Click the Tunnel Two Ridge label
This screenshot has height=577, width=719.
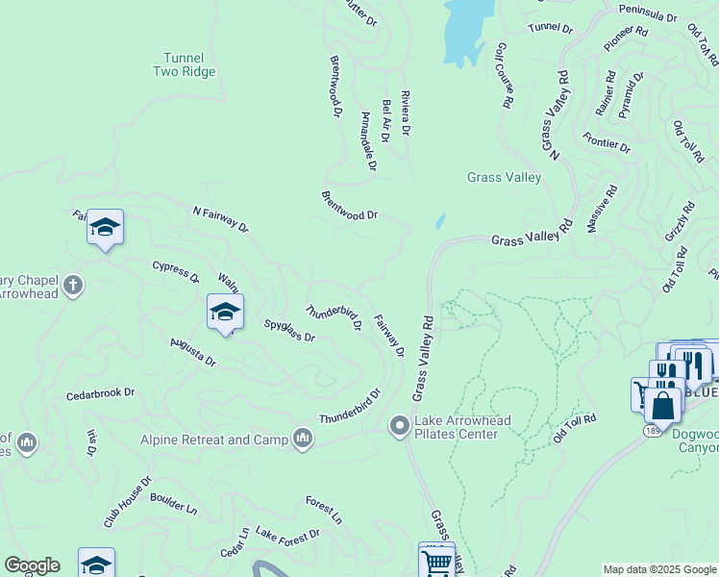[x=184, y=64]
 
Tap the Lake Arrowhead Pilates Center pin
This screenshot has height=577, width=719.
[x=400, y=425]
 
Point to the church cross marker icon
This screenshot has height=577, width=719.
[x=73, y=285]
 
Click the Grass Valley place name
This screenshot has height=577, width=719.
[x=504, y=177]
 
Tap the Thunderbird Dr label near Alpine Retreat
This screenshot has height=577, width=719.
[x=351, y=407]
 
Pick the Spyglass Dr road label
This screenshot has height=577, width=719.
[x=289, y=331]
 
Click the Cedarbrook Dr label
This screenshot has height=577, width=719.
[x=100, y=394]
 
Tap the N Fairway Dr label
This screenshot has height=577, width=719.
[x=220, y=219]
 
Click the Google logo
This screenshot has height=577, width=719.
[x=32, y=565]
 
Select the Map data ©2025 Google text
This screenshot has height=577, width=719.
[x=658, y=569]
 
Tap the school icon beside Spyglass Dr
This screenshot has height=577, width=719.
[x=225, y=313]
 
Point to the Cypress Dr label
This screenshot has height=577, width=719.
[x=175, y=271]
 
